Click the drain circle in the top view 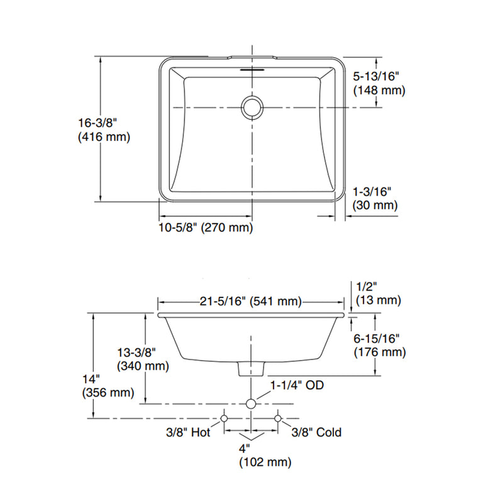[252, 107]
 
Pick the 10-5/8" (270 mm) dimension [205, 228]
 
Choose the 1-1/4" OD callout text [297, 385]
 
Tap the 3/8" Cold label [316, 432]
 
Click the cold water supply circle [278, 417]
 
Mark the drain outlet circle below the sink [251, 404]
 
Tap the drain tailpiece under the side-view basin [251, 368]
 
